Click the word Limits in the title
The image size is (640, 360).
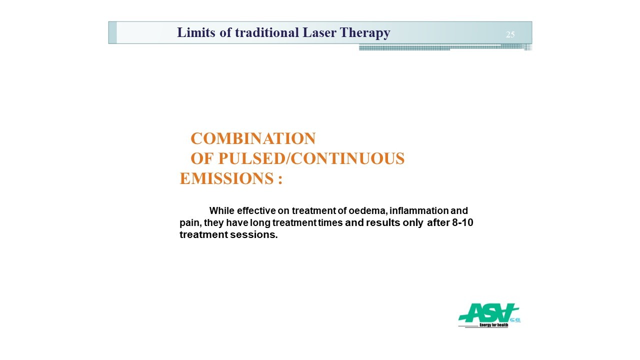[196, 32]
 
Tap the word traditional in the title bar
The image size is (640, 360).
[267, 32]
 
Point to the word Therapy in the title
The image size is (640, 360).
[365, 33]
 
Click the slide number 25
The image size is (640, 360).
[510, 34]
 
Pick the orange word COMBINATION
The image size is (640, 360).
[253, 138]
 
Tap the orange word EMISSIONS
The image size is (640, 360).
[227, 178]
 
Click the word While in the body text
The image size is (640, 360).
[221, 210]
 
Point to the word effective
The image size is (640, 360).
[256, 210]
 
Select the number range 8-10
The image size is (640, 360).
[462, 222]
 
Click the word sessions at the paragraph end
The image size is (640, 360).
[253, 234]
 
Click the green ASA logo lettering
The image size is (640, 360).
[488, 313]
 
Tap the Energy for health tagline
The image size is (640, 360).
[493, 325]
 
